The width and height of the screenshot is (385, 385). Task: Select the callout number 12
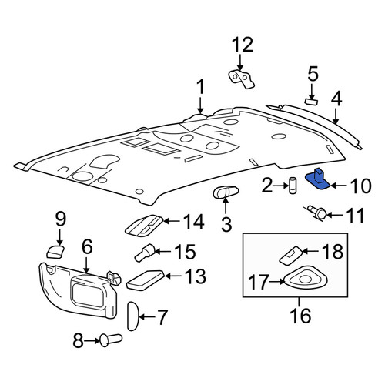click(x=243, y=45)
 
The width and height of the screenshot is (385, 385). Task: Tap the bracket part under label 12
click(x=241, y=79)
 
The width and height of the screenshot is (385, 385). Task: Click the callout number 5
click(x=313, y=73)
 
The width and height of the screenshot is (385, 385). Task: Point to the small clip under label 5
click(x=311, y=102)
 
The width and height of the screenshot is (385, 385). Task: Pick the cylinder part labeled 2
click(x=293, y=186)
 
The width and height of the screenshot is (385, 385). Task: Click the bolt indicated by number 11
click(x=317, y=213)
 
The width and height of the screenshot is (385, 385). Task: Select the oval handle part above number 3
click(x=226, y=192)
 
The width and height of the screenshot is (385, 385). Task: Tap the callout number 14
click(x=194, y=222)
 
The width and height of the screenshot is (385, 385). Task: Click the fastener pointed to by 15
click(x=145, y=253)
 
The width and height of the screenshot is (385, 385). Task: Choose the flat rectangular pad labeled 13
click(x=146, y=280)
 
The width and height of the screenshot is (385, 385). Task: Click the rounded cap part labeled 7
click(x=133, y=316)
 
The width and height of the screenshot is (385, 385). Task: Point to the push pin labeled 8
click(x=110, y=340)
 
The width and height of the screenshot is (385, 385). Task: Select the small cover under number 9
click(x=55, y=252)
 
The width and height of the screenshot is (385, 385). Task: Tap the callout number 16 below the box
click(x=300, y=316)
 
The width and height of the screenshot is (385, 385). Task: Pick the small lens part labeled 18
click(x=290, y=255)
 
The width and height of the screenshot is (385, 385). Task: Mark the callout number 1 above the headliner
click(x=201, y=87)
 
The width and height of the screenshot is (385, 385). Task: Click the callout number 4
click(x=336, y=99)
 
